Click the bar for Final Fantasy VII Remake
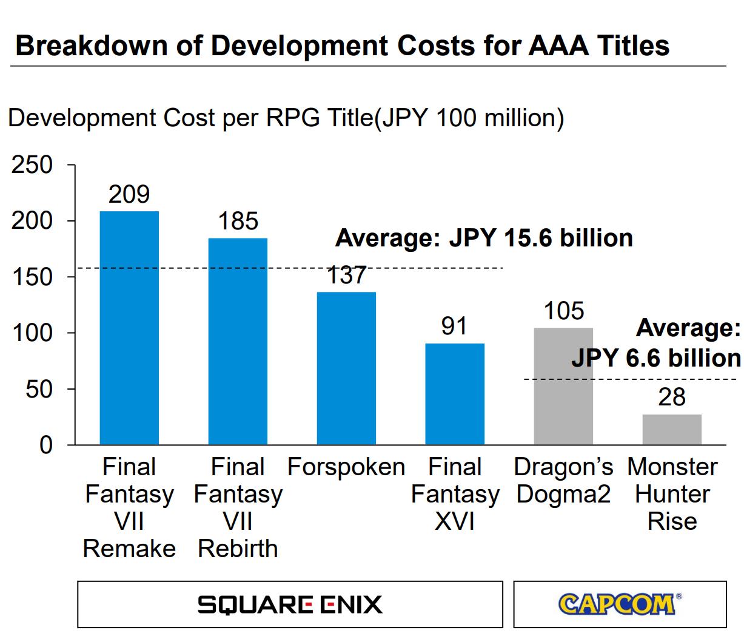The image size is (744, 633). pos(129,328)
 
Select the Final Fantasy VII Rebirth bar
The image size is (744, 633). pos(238,341)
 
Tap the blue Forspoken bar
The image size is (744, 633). pos(346,368)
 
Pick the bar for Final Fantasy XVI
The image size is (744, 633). pos(455,394)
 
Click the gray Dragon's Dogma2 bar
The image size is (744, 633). pos(563,386)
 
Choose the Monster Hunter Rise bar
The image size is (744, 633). pos(672,430)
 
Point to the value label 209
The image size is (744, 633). pos(129,194)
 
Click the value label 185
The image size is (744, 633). pos(238,222)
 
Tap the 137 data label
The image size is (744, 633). pos(346,276)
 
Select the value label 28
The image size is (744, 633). pos(672,398)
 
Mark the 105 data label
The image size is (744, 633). pos(563,311)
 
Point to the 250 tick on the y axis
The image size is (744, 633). pos(32,165)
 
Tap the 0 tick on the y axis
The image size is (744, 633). pos(46,445)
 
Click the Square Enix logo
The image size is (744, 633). pos(290,604)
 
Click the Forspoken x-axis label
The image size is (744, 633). pos(346,467)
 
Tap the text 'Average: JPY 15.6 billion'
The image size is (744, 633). pos(484,238)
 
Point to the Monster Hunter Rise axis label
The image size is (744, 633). pos(672,494)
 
